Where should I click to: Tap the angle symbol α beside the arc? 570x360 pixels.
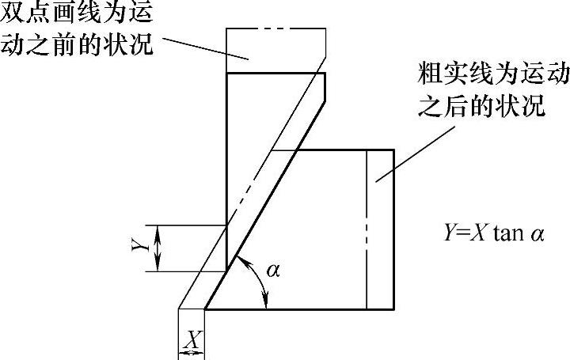pyautogui.click(x=273, y=271)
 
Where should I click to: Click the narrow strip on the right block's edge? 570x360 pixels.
pyautogui.click(x=381, y=229)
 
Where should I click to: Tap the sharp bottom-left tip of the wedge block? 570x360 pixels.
pyautogui.click(x=205, y=309)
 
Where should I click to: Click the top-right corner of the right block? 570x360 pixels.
pyautogui.click(x=393, y=150)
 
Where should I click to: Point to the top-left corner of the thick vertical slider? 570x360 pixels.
pyautogui.click(x=227, y=73)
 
